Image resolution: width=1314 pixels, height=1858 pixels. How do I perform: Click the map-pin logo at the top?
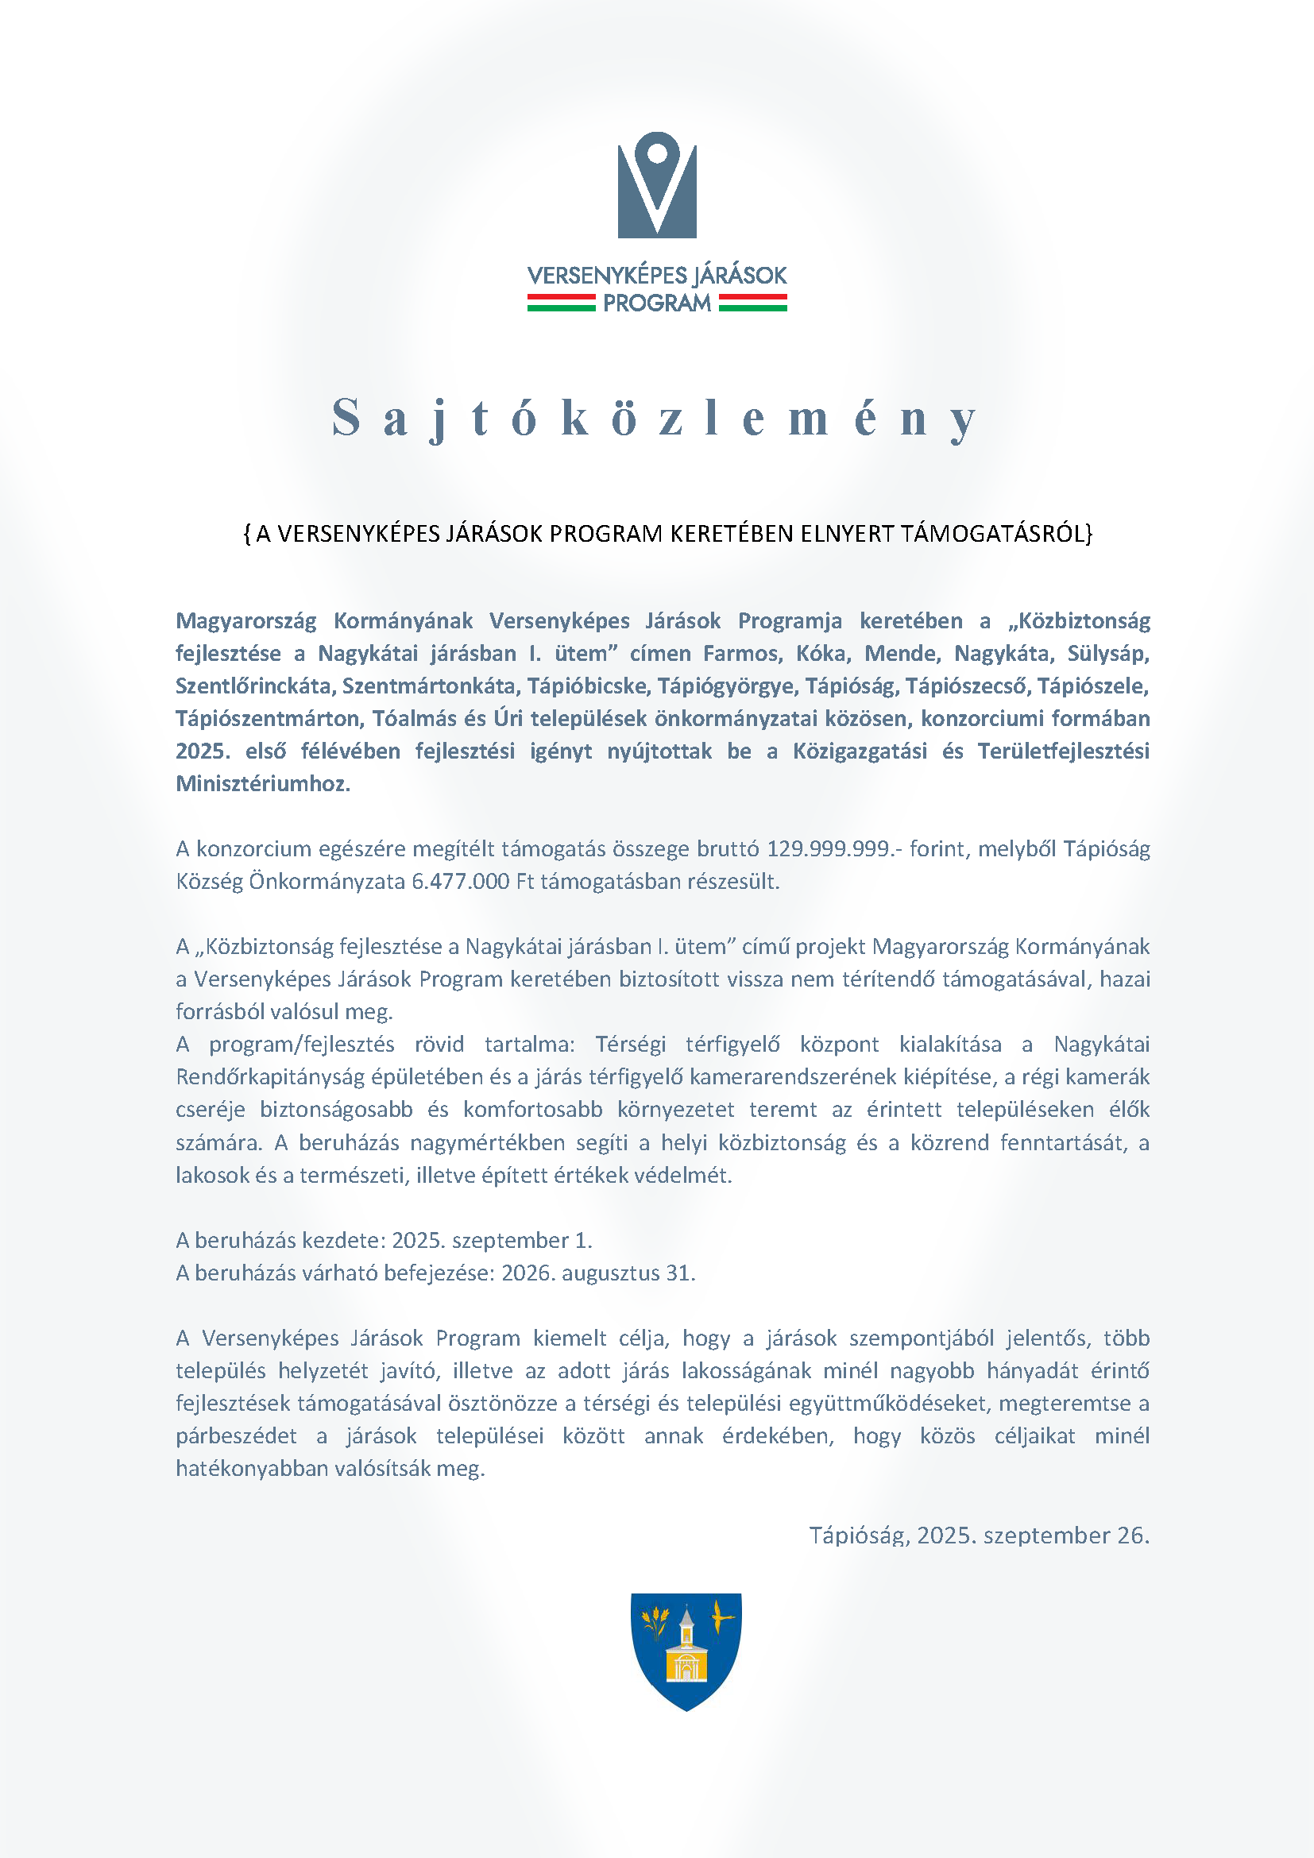click(657, 185)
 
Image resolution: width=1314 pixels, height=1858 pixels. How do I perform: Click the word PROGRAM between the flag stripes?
click(657, 303)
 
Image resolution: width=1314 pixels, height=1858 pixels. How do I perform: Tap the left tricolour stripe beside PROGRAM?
click(561, 303)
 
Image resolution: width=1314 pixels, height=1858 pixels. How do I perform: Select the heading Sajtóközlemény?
click(656, 419)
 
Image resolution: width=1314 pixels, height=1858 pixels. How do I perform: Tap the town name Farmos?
click(742, 653)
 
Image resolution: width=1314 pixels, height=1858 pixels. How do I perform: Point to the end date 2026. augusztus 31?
click(598, 1273)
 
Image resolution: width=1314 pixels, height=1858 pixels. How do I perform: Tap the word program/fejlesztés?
click(302, 1045)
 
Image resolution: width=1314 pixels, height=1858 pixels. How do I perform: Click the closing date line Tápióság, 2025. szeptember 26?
click(979, 1535)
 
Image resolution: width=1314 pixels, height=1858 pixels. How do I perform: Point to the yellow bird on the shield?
click(721, 1617)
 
